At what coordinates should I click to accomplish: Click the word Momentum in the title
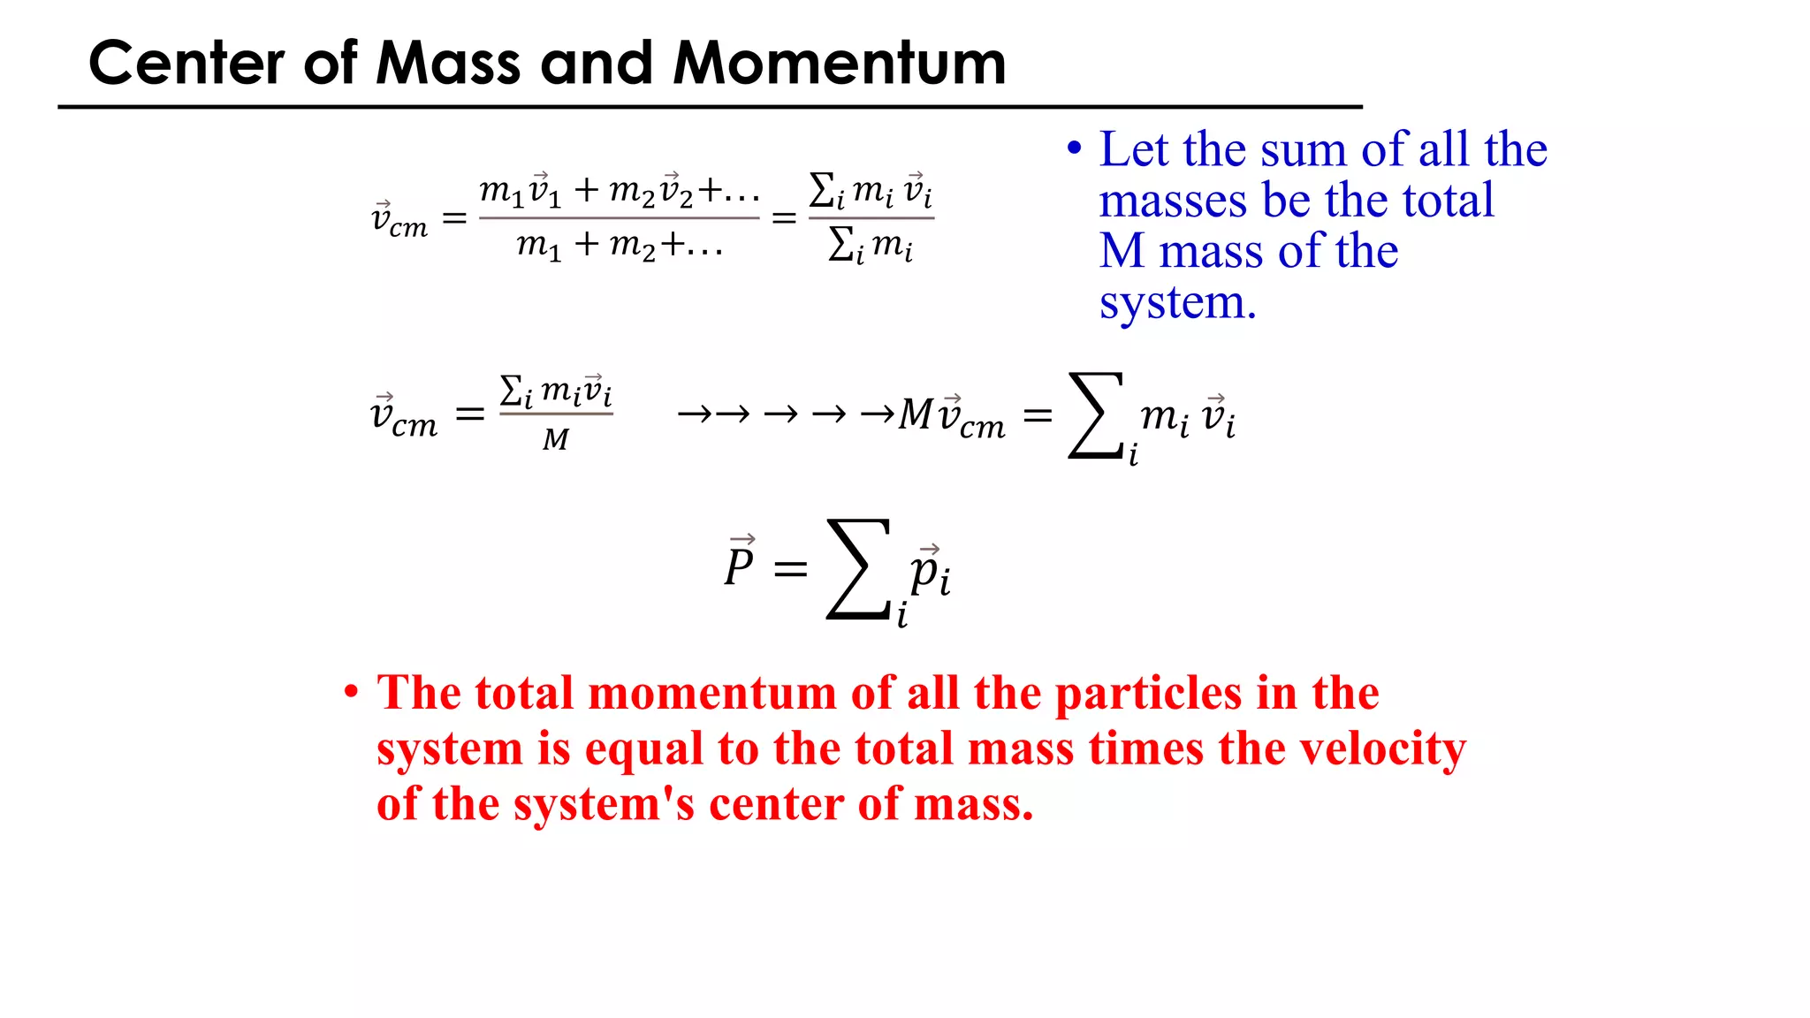[x=839, y=64]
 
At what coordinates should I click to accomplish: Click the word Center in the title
[x=186, y=64]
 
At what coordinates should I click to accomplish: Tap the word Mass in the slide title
[x=448, y=64]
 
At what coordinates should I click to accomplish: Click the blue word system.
[x=1176, y=303]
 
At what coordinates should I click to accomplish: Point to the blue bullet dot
[x=1074, y=148]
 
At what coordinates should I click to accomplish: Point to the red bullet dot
[x=352, y=692]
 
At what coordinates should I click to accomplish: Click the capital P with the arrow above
[x=739, y=565]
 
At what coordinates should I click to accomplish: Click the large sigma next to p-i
[x=858, y=569]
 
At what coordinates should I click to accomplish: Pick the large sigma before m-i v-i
[x=1097, y=415]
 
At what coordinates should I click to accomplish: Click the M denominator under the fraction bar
[x=556, y=439]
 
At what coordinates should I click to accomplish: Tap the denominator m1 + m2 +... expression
[x=619, y=244]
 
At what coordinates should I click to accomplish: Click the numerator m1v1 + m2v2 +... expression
[x=619, y=191]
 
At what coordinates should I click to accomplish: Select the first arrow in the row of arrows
[x=695, y=414]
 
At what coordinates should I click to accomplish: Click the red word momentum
[x=712, y=693]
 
